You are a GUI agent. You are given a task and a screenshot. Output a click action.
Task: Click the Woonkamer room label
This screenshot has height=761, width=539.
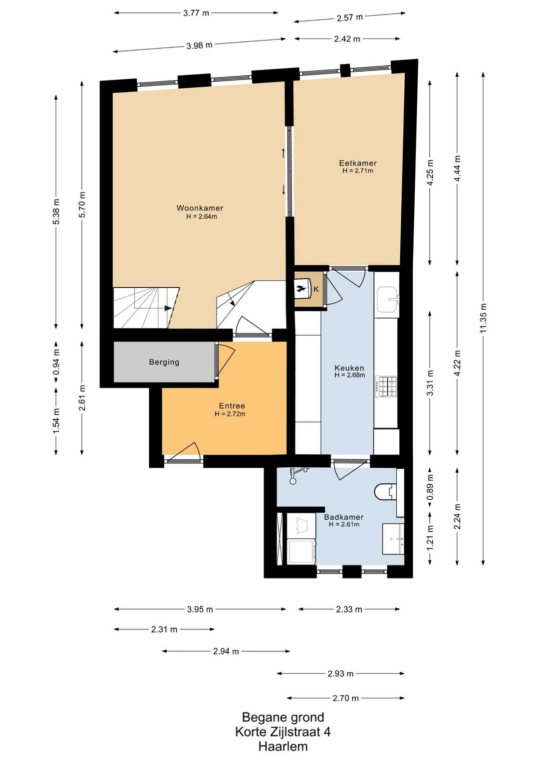pyautogui.click(x=200, y=208)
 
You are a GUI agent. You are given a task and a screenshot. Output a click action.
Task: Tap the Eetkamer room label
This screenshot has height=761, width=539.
pyautogui.click(x=358, y=163)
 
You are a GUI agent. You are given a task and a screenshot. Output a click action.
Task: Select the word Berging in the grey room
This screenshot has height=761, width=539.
pyautogui.click(x=164, y=362)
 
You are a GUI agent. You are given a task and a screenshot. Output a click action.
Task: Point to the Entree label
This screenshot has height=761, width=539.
pyautogui.click(x=232, y=405)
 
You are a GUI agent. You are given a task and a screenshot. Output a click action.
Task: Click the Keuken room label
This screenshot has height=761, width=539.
pyautogui.click(x=349, y=368)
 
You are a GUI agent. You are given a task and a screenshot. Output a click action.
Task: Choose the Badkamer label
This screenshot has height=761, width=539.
pyautogui.click(x=343, y=517)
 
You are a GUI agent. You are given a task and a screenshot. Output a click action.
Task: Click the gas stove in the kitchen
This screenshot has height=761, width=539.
pyautogui.click(x=386, y=386)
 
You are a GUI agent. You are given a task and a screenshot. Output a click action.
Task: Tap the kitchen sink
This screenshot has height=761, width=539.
pyautogui.click(x=388, y=300)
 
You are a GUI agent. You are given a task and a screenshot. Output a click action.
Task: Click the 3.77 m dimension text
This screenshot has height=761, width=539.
pyautogui.click(x=196, y=13)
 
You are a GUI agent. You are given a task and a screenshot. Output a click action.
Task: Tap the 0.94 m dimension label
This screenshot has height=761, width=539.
pyautogui.click(x=56, y=362)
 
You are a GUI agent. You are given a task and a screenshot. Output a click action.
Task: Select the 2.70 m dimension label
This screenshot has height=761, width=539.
pyautogui.click(x=345, y=698)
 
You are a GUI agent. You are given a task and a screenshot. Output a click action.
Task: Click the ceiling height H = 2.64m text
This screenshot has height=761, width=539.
pyautogui.click(x=202, y=216)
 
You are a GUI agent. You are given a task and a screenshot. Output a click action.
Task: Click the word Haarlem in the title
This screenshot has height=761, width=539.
pyautogui.click(x=283, y=747)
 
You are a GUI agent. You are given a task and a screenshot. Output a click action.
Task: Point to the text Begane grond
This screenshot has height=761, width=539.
pyautogui.click(x=283, y=717)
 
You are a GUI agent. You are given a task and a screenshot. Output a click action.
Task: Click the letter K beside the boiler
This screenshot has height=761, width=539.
pyautogui.click(x=316, y=289)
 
